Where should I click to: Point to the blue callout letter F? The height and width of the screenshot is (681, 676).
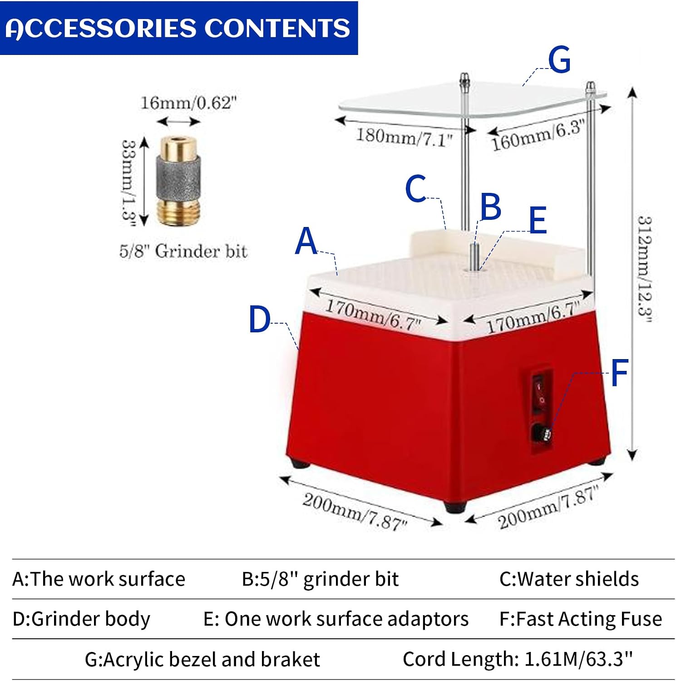[619, 372]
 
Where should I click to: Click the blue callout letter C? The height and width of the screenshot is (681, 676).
[415, 188]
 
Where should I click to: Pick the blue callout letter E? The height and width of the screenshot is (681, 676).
[538, 220]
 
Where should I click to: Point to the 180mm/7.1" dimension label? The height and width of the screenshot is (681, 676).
[404, 137]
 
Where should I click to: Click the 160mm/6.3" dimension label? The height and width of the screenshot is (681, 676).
[537, 135]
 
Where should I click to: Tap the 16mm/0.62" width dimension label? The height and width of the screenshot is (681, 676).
[188, 103]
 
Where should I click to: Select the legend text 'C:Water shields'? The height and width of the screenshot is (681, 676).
[569, 579]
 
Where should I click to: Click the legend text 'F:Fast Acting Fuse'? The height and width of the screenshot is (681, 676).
[581, 619]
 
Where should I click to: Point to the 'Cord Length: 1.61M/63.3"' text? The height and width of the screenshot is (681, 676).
[518, 658]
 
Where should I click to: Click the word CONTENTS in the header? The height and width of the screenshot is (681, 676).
[277, 28]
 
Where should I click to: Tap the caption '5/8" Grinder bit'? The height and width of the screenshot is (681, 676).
[183, 251]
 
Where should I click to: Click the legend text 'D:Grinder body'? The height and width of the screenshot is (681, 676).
[81, 619]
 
